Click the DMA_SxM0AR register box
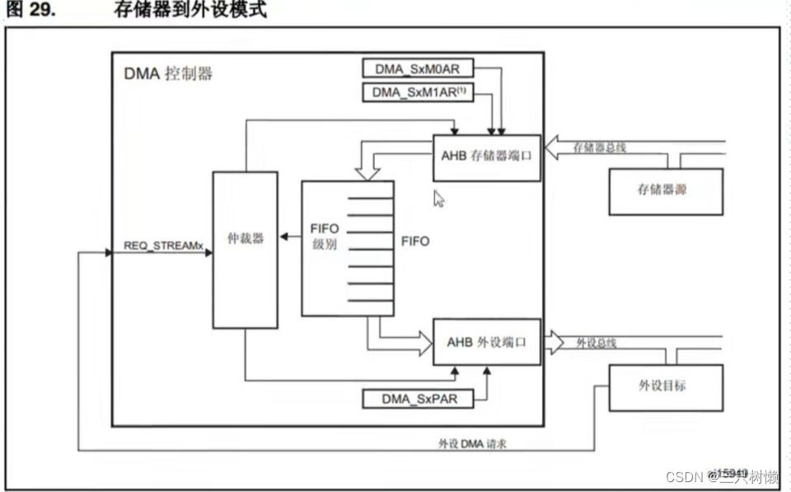point(419,69)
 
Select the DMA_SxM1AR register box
point(419,91)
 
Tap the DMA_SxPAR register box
point(419,399)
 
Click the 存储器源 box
point(666,190)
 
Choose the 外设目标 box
point(666,386)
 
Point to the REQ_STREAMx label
point(162,245)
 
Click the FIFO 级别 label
point(325,236)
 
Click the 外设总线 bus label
point(595,342)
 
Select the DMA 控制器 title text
point(168,73)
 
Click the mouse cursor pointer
point(439,199)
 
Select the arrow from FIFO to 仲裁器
point(289,237)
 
